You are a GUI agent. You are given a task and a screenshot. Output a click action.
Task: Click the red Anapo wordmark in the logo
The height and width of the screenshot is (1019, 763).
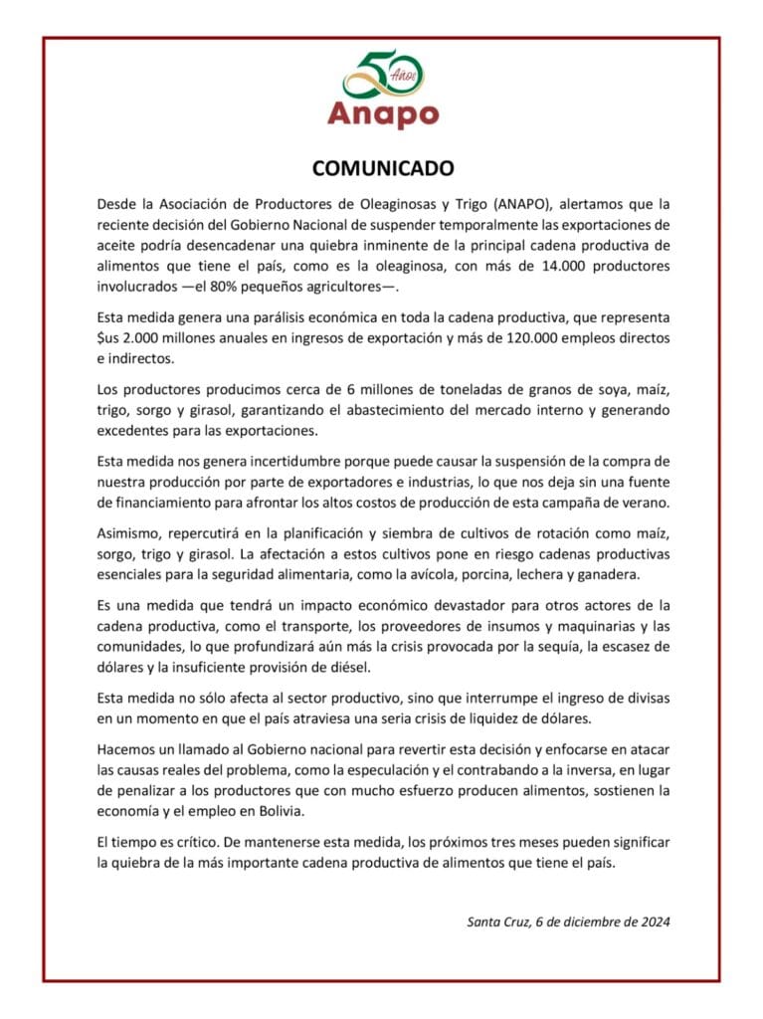point(383,113)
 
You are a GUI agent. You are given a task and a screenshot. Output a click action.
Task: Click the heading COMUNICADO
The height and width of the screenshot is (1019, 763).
point(381,167)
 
